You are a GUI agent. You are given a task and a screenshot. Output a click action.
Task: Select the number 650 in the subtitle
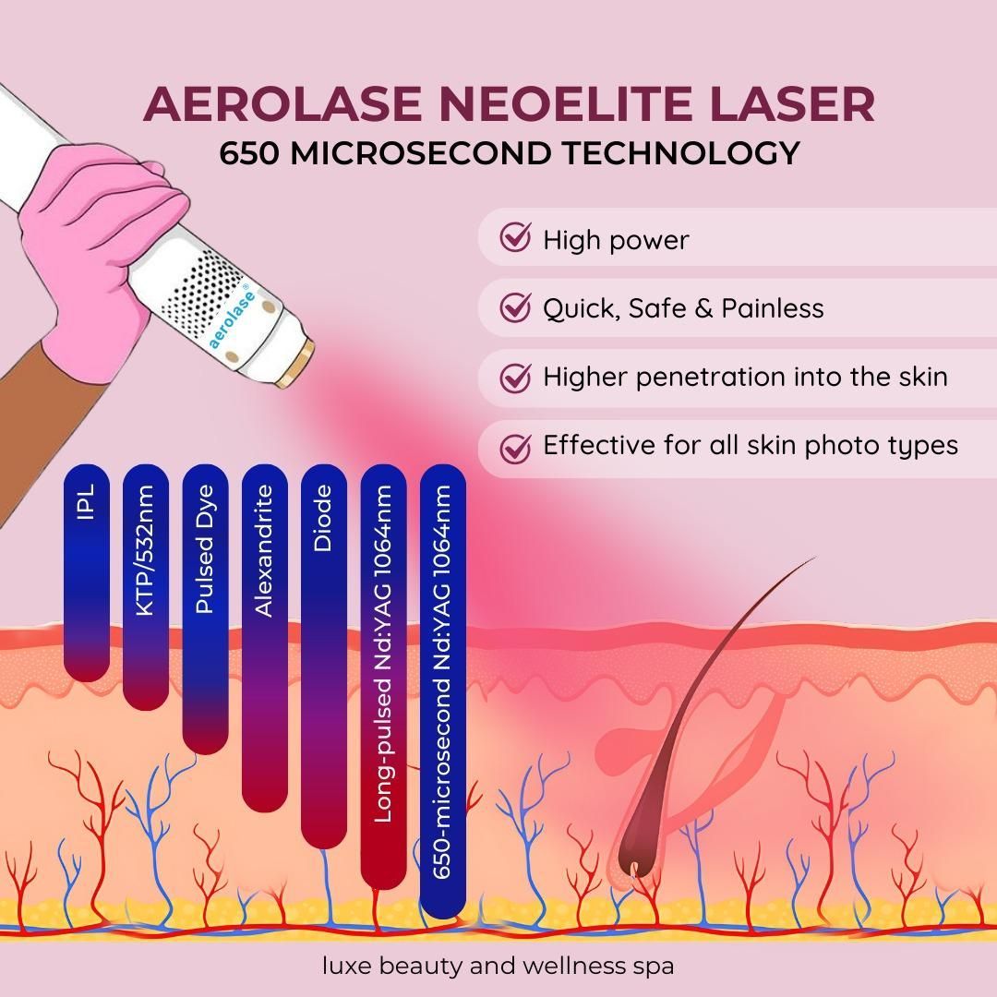pyautogui.click(x=249, y=153)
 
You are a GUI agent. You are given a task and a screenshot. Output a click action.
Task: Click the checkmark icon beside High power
pyautogui.click(x=515, y=238)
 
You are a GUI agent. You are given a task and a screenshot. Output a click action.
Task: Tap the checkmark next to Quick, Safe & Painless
pyautogui.click(x=515, y=307)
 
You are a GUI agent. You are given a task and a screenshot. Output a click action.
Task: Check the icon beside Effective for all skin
pyautogui.click(x=515, y=448)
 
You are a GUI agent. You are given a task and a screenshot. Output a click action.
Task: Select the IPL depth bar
pyautogui.click(x=87, y=572)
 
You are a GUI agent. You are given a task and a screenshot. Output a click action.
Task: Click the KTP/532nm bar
pyautogui.click(x=146, y=587)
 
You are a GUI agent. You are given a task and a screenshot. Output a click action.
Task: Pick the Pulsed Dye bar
pyautogui.click(x=205, y=609)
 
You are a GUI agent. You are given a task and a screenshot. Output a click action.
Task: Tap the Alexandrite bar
pyautogui.click(x=265, y=638)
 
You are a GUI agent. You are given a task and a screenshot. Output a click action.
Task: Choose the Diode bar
pyautogui.click(x=324, y=656)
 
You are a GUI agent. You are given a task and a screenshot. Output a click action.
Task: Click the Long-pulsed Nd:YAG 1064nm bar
pyautogui.click(x=383, y=677)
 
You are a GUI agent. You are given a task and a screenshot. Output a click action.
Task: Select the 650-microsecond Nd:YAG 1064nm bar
pyautogui.click(x=443, y=691)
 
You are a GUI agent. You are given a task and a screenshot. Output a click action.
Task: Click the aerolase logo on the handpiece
pyautogui.click(x=232, y=319)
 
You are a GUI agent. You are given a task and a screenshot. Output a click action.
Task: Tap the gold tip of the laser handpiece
pyautogui.click(x=294, y=364)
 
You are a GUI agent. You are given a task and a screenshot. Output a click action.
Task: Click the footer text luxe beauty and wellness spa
pyautogui.click(x=498, y=966)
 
